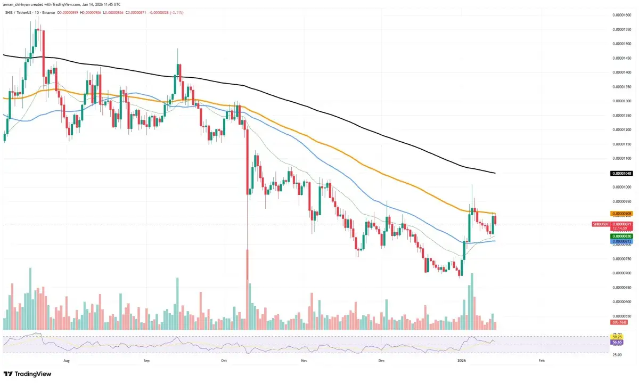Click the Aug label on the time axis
click(67, 361)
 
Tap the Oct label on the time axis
click(224, 361)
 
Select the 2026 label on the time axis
click(462, 361)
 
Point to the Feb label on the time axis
click(541, 361)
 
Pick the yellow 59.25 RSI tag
click(618, 337)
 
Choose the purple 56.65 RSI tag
click(618, 341)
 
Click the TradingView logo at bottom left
click(28, 374)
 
